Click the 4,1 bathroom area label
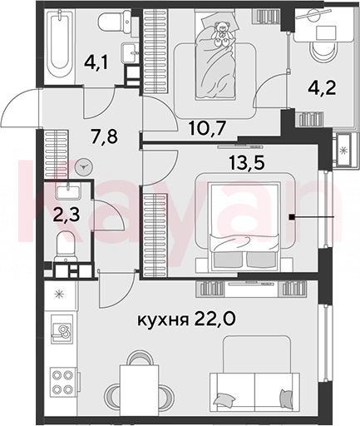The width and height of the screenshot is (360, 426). click(96, 63)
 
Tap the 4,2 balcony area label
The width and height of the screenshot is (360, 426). click(322, 88)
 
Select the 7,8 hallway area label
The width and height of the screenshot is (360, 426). click(104, 136)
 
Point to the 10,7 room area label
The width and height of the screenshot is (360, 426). click(206, 128)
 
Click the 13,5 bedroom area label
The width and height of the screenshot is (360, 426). click(247, 162)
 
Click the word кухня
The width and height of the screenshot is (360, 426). click(161, 320)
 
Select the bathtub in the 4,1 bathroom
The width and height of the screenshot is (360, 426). click(60, 43)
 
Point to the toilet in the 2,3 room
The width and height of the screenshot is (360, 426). click(66, 247)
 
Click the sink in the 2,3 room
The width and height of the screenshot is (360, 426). click(67, 191)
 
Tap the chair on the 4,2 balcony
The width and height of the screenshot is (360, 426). click(323, 52)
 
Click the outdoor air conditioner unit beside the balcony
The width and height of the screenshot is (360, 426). click(344, 151)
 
